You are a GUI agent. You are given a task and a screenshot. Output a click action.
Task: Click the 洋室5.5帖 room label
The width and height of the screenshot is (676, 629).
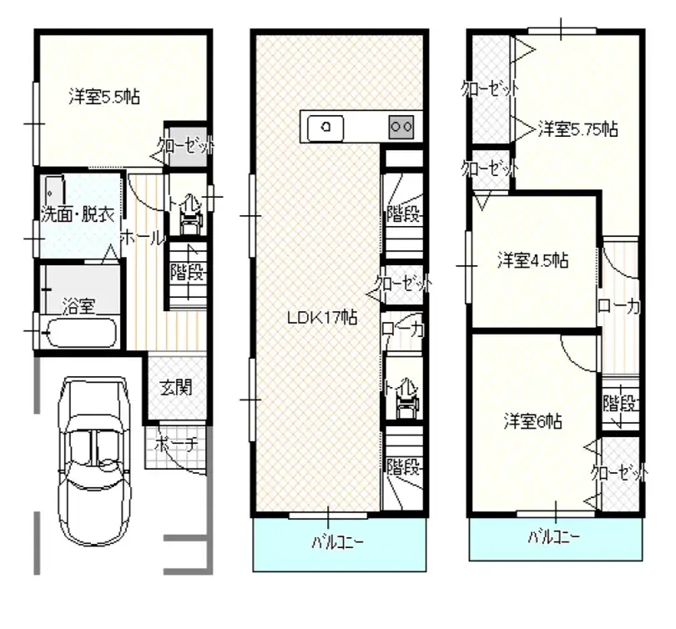pyautogui.click(x=104, y=97)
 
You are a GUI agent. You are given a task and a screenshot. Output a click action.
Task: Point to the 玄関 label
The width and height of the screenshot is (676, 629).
pyautogui.click(x=175, y=387)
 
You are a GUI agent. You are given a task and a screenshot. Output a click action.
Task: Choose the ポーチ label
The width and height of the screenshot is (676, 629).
pyautogui.click(x=174, y=444)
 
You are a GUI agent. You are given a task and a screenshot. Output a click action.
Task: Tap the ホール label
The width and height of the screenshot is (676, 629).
pyautogui.click(x=143, y=238)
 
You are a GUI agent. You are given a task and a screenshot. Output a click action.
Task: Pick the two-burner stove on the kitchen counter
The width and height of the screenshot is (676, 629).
pyautogui.click(x=401, y=127)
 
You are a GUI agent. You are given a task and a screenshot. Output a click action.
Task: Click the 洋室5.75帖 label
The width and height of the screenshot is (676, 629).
pyautogui.click(x=577, y=129)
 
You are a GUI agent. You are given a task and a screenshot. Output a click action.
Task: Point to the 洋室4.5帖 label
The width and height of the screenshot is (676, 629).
pyautogui.click(x=533, y=259)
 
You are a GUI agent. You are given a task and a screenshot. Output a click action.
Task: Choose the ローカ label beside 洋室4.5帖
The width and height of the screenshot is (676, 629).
pyautogui.click(x=618, y=307)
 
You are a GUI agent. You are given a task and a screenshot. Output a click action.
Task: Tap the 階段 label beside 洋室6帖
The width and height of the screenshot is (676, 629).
pyautogui.click(x=621, y=405)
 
